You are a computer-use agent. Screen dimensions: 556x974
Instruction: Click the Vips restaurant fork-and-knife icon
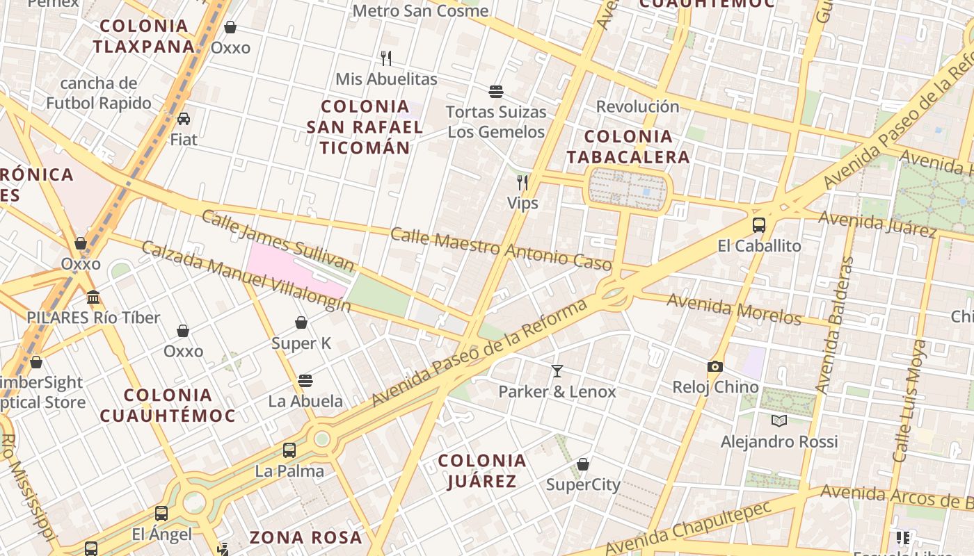point(522,183)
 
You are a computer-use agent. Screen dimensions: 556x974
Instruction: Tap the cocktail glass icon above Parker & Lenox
point(557,371)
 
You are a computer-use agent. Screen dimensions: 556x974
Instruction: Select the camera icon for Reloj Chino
point(714,366)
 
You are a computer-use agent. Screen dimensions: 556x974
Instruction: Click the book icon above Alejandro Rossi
point(779,420)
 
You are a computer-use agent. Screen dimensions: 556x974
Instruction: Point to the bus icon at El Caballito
point(759,225)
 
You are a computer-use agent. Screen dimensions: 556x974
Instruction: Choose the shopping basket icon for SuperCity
point(583,464)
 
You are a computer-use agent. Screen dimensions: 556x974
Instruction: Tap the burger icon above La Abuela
point(305,380)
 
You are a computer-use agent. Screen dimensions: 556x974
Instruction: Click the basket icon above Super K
point(301,322)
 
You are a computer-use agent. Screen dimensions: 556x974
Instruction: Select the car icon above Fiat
point(184,119)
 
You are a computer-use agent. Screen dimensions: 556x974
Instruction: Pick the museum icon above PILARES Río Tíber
point(93,297)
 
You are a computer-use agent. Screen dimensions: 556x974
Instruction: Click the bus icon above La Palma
point(289,450)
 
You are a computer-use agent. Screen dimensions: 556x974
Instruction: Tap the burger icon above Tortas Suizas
point(495,91)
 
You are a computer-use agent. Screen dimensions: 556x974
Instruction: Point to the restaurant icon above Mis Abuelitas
point(386,58)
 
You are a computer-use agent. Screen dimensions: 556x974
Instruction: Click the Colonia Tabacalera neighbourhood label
point(628,147)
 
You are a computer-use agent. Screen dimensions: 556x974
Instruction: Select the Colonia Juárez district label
point(481,471)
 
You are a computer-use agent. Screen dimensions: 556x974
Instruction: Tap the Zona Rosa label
point(306,537)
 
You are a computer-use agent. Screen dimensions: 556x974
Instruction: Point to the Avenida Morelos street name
point(734,309)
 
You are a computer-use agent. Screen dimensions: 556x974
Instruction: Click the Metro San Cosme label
point(420,11)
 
